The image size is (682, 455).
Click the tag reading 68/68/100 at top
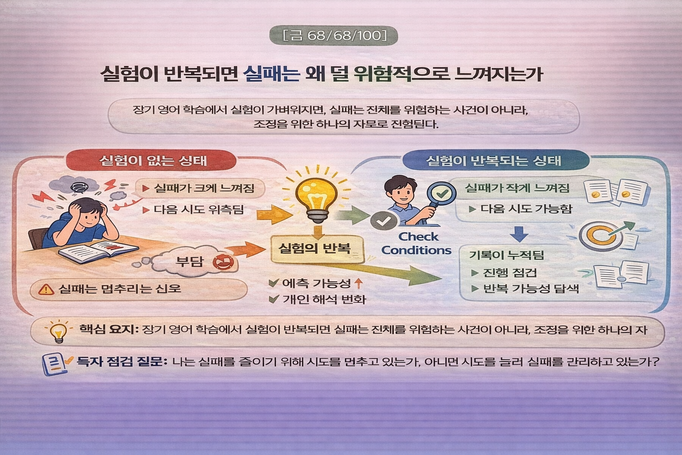coord(334,35)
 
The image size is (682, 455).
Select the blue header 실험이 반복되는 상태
coord(493,160)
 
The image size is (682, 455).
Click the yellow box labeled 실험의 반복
coord(314,248)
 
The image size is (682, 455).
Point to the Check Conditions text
coord(416,243)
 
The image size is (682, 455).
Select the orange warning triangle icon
coord(46,289)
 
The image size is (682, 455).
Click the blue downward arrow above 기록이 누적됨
coord(520,233)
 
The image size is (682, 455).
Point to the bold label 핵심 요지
coord(109,330)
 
